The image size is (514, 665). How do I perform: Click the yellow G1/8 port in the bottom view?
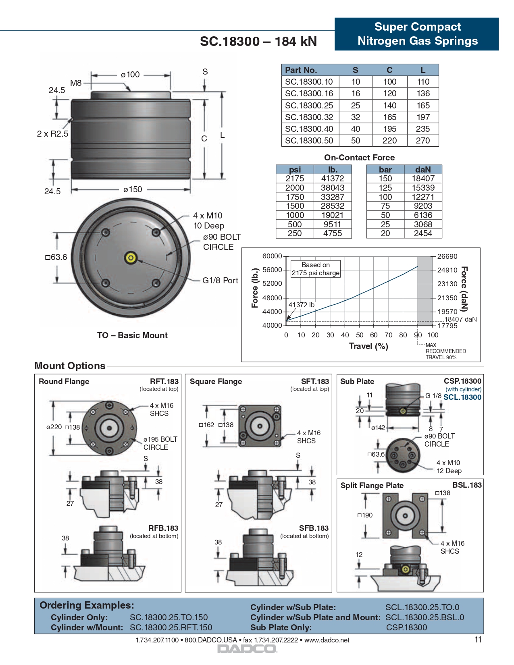click(x=131, y=258)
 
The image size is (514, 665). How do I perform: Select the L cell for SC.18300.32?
click(x=423, y=117)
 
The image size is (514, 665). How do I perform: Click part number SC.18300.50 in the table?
click(x=309, y=141)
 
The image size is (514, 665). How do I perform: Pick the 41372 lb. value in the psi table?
click(x=332, y=179)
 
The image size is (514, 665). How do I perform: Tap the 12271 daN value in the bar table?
click(x=422, y=197)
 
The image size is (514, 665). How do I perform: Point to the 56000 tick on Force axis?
click(x=273, y=270)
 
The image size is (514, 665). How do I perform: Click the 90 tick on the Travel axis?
click(x=418, y=335)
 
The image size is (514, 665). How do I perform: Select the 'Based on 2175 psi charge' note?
click(x=316, y=269)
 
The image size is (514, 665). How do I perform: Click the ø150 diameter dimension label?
click(x=133, y=189)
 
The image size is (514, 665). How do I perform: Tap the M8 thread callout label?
click(x=76, y=83)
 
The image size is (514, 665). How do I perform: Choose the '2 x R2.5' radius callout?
click(x=52, y=134)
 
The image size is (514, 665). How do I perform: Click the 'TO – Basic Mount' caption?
click(x=132, y=335)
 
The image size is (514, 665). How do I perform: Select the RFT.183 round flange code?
click(x=164, y=381)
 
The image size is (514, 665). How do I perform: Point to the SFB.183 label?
click(x=314, y=528)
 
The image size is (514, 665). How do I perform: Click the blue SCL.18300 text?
click(x=462, y=397)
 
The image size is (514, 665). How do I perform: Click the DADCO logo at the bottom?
click(x=247, y=649)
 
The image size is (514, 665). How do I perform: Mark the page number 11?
click(x=478, y=640)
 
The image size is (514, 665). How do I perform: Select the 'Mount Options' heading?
click(x=70, y=366)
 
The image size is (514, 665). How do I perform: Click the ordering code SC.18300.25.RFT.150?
click(x=171, y=628)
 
